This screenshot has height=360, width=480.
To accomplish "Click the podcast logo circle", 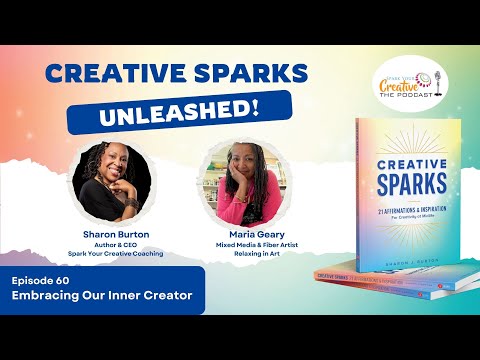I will coord(409,82).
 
